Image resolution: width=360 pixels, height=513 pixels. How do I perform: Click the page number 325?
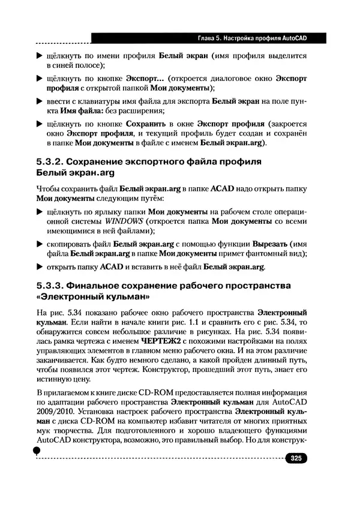pyautogui.click(x=296, y=459)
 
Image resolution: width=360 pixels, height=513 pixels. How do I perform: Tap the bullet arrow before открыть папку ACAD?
pyautogui.click(x=40, y=267)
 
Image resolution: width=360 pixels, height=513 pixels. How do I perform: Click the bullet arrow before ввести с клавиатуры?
pyautogui.click(x=40, y=101)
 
